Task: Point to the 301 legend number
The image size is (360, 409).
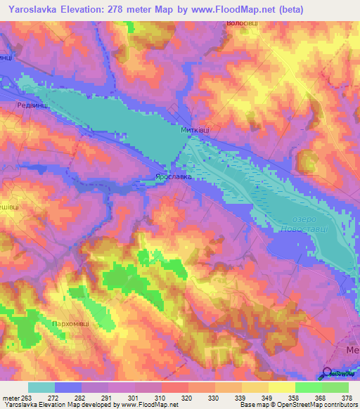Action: pyautogui.click(x=130, y=397)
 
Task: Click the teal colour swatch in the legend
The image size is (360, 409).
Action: pyautogui.click(x=41, y=387)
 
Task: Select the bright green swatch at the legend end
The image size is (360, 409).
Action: pyautogui.click(x=335, y=387)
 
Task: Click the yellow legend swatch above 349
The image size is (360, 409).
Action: pyautogui.click(x=255, y=387)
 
